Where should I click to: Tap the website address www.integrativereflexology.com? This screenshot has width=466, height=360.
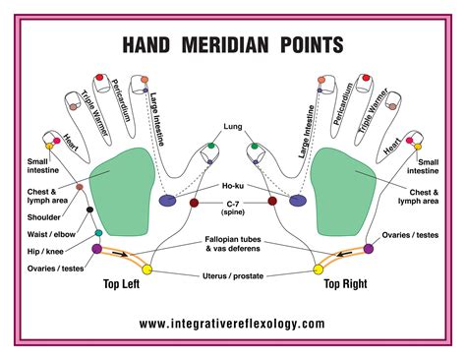232,323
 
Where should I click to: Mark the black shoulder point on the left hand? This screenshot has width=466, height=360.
89,209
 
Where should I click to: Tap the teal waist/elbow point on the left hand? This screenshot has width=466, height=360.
98,233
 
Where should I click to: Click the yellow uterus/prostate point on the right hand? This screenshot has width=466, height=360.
318,269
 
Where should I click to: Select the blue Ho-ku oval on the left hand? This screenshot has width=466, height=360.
167,201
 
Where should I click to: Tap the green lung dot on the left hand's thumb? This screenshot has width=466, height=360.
210,147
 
